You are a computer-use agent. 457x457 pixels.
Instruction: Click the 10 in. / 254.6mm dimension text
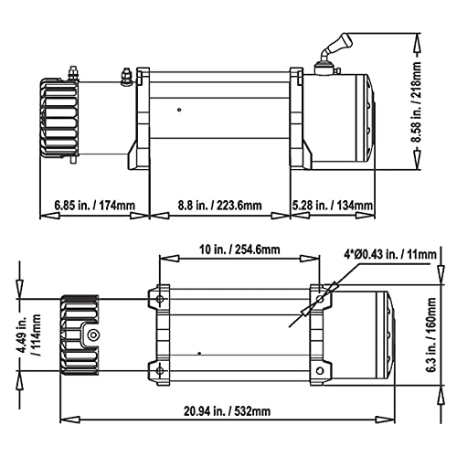pos(239,247)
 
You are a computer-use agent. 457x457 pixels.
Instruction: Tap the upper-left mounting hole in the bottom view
pos(160,298)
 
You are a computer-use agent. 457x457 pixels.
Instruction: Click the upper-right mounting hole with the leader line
pos(321,298)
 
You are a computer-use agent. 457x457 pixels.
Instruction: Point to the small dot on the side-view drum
pos(180,112)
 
